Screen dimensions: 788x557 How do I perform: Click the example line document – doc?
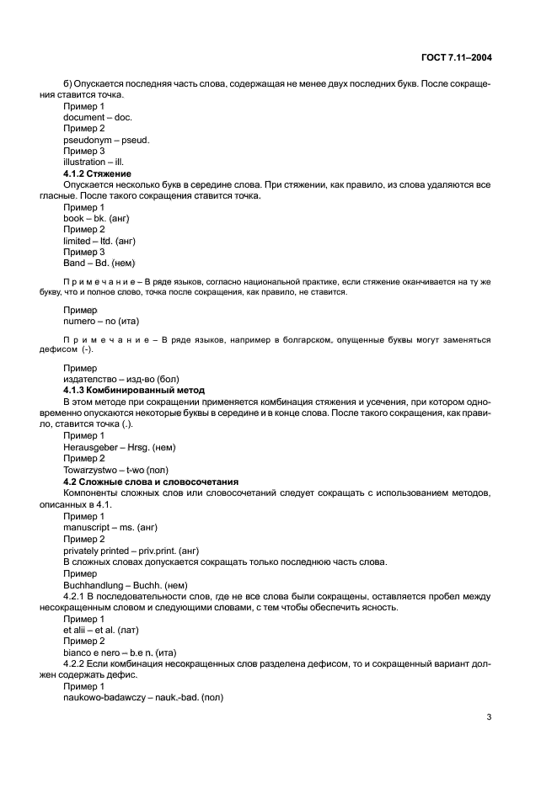(98, 118)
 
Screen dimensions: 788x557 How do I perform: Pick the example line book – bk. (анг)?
(96, 218)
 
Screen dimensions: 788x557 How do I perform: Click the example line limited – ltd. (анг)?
(99, 240)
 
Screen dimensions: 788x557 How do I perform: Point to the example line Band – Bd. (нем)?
(99, 262)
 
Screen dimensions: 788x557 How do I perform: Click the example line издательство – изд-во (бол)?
(121, 379)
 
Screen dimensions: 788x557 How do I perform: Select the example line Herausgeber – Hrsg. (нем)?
(120, 447)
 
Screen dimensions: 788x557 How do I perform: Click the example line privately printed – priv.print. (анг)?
(131, 548)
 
